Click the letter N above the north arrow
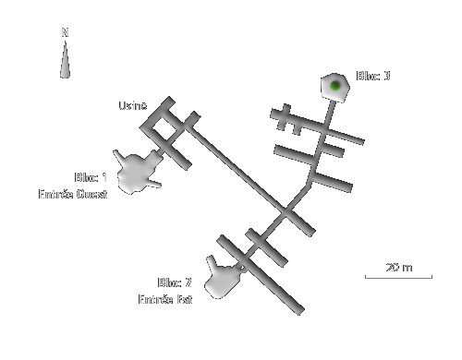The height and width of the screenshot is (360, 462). tap(65, 32)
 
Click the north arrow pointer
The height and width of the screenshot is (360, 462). tap(65, 60)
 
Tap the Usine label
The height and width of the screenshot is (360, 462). tap(132, 106)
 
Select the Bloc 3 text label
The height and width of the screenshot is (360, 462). tap(373, 76)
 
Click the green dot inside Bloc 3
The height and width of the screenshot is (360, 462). tap(334, 86)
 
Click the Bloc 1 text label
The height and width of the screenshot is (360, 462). tap(91, 177)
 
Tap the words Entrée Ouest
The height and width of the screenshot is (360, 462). tap(73, 194)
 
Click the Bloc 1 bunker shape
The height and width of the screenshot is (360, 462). tap(135, 172)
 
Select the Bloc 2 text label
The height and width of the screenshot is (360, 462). tap(175, 282)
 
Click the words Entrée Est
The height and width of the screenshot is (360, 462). tap(165, 299)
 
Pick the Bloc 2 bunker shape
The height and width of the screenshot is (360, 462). tap(223, 280)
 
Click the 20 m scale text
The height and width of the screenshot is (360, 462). tap(398, 267)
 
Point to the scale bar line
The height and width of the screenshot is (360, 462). tap(397, 277)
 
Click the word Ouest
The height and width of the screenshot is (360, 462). tap(91, 194)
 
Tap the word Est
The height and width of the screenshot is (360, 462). tap(183, 299)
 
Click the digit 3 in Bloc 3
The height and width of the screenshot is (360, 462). tap(386, 76)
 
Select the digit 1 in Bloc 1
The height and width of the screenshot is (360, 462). tap(103, 177)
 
